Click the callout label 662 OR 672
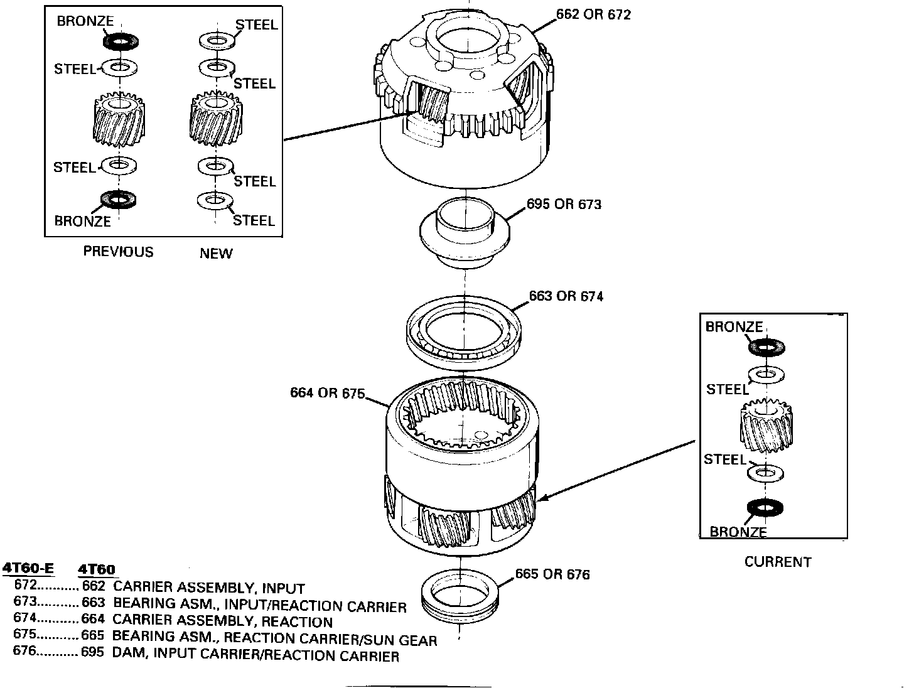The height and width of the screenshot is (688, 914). coord(593,14)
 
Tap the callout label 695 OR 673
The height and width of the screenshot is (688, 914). coord(564,205)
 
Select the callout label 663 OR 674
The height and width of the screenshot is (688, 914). coord(566,296)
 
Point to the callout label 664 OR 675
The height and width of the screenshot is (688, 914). coord(327,393)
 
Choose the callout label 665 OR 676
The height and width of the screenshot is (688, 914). coord(552,574)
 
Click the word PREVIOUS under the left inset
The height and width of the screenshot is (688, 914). coord(118,252)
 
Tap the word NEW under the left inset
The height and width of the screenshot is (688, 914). coord(216,254)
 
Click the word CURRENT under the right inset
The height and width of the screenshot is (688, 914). coord(778,562)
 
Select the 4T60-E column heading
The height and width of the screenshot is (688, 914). coord(28,569)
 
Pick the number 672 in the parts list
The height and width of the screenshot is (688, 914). coord(26,586)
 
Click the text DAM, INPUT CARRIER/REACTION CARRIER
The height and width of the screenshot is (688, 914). coord(255,656)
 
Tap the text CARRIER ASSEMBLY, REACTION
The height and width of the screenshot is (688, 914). coord(222,622)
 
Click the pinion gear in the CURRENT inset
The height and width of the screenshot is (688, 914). coord(766,426)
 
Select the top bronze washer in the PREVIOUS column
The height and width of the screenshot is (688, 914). coord(121,42)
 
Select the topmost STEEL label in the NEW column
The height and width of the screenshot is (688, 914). coord(256,25)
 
